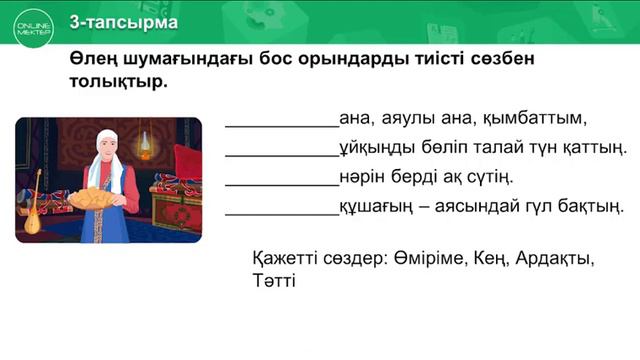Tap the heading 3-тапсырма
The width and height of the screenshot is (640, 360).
pyautogui.click(x=125, y=22)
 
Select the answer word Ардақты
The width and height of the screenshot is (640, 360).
pyautogui.click(x=553, y=259)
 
